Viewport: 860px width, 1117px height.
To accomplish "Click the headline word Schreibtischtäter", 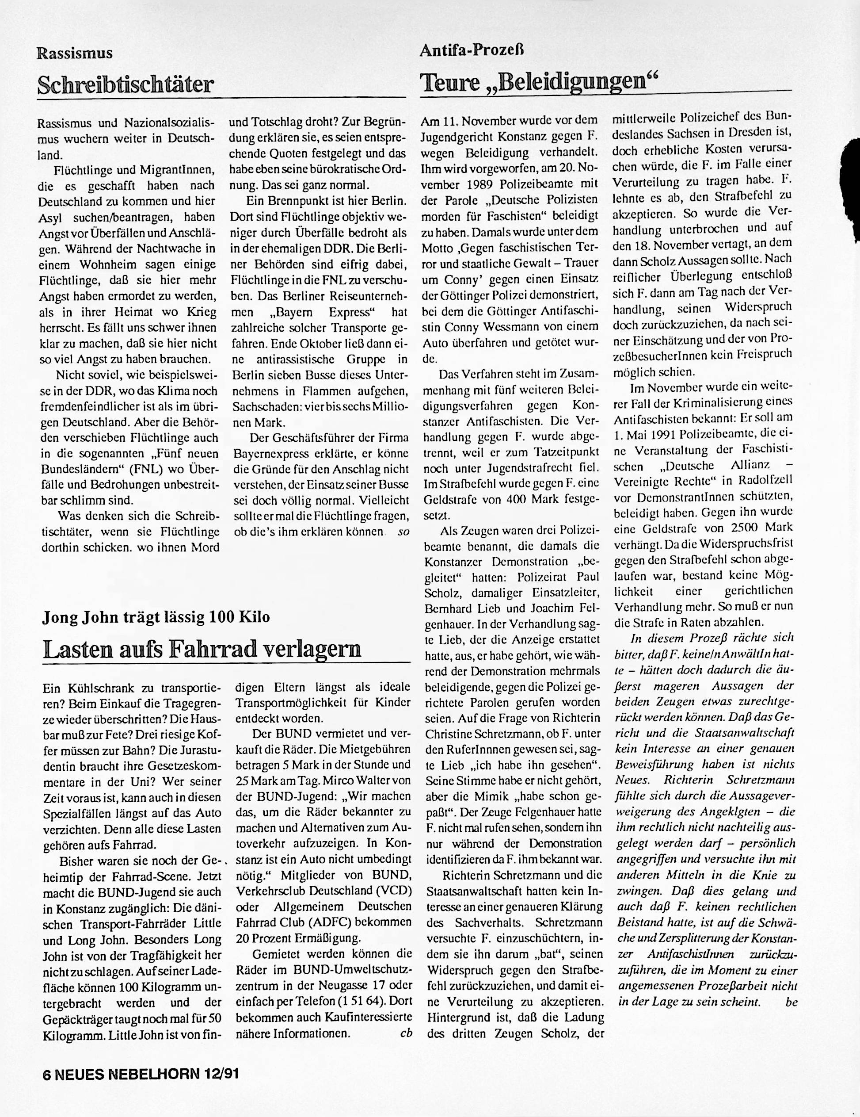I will (125, 84).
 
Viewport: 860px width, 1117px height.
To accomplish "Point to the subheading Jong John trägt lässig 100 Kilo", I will (156, 617).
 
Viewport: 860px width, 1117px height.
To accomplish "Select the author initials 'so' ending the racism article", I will (403, 532).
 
